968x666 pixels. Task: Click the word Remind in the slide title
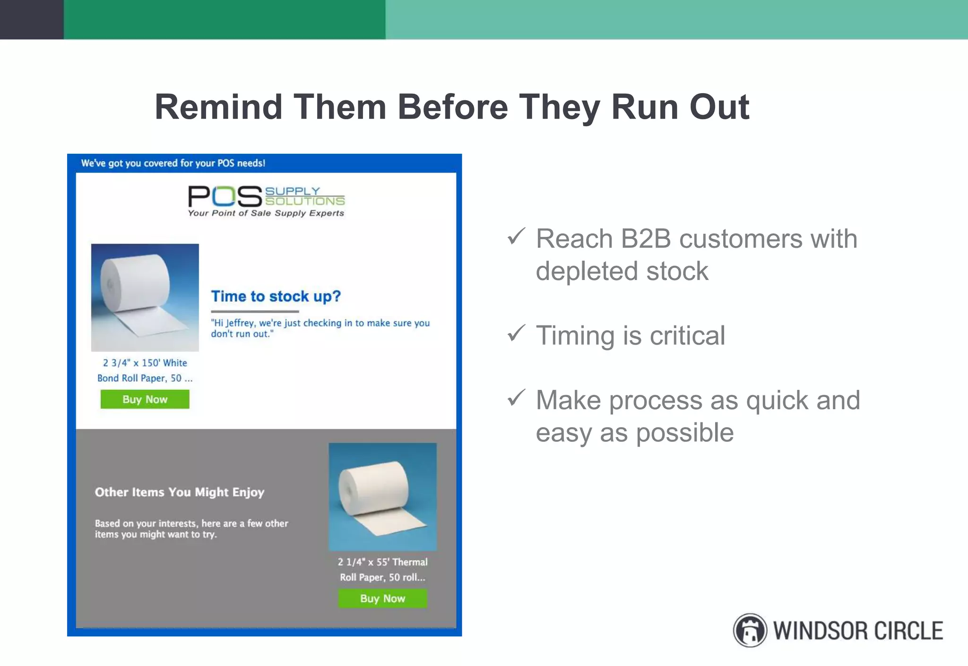(x=218, y=107)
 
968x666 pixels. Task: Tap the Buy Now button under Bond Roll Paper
(x=145, y=399)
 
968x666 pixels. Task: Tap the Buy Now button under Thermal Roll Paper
(x=382, y=598)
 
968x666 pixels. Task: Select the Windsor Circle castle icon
(x=750, y=630)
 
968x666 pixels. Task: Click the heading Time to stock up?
(x=276, y=297)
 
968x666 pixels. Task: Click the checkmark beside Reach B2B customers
(x=516, y=236)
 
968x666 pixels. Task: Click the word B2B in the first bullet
(x=646, y=239)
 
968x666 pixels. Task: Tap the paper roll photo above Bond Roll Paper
(x=145, y=297)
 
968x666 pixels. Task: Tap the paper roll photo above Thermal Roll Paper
(x=382, y=496)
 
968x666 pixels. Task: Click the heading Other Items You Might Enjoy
(x=179, y=492)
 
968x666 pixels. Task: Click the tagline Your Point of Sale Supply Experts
(x=266, y=213)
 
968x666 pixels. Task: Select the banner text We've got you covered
(x=173, y=163)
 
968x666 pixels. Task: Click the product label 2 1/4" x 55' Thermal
(x=382, y=562)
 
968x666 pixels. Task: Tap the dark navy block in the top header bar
(x=31, y=19)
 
